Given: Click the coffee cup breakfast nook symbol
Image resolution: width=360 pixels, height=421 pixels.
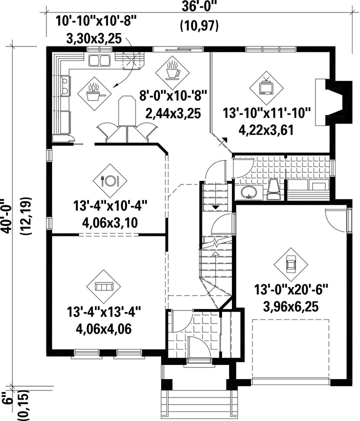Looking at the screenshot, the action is point(172,70).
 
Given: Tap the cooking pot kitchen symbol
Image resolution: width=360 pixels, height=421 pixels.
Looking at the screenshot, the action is point(94,93).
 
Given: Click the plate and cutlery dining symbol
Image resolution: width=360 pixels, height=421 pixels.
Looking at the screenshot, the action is point(110,180).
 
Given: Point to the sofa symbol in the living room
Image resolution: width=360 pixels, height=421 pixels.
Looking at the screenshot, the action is point(104,286).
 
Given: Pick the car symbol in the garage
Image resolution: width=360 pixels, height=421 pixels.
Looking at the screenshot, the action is point(291,264).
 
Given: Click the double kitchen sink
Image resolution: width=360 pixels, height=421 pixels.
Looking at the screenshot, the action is point(99,60).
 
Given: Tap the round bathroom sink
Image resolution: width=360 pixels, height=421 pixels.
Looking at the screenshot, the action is point(248,192).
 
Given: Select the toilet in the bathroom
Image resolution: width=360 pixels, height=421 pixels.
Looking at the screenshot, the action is point(273,189).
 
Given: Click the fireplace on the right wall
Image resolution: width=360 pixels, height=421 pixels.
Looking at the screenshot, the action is point(333,102).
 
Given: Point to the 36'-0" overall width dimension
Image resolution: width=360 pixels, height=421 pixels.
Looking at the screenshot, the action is point(199,6).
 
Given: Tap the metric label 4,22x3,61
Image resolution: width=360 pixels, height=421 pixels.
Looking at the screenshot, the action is point(266,130).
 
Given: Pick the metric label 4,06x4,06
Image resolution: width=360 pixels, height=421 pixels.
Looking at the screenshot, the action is point(103,328).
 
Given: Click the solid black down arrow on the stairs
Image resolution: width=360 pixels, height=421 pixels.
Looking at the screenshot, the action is point(215,207).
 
